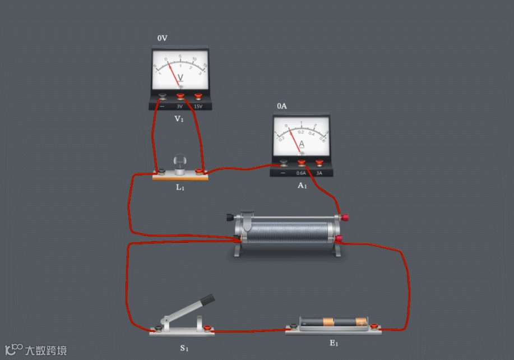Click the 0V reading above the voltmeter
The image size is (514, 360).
click(x=163, y=38)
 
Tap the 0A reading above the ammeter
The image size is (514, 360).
click(x=282, y=106)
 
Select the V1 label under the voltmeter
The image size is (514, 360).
click(x=179, y=119)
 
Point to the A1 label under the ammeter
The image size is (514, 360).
click(x=302, y=186)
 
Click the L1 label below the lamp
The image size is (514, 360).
click(x=180, y=187)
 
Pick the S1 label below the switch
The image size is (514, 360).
click(x=184, y=348)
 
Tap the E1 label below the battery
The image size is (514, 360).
click(x=334, y=343)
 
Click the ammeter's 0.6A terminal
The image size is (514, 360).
click(x=302, y=163)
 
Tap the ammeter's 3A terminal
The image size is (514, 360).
click(x=319, y=163)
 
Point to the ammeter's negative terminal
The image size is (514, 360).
click(x=283, y=163)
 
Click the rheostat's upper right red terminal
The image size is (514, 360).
click(x=339, y=216)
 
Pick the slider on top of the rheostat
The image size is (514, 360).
click(x=247, y=216)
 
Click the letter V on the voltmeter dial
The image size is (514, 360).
click(x=180, y=78)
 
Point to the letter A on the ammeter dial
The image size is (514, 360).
click(x=302, y=145)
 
